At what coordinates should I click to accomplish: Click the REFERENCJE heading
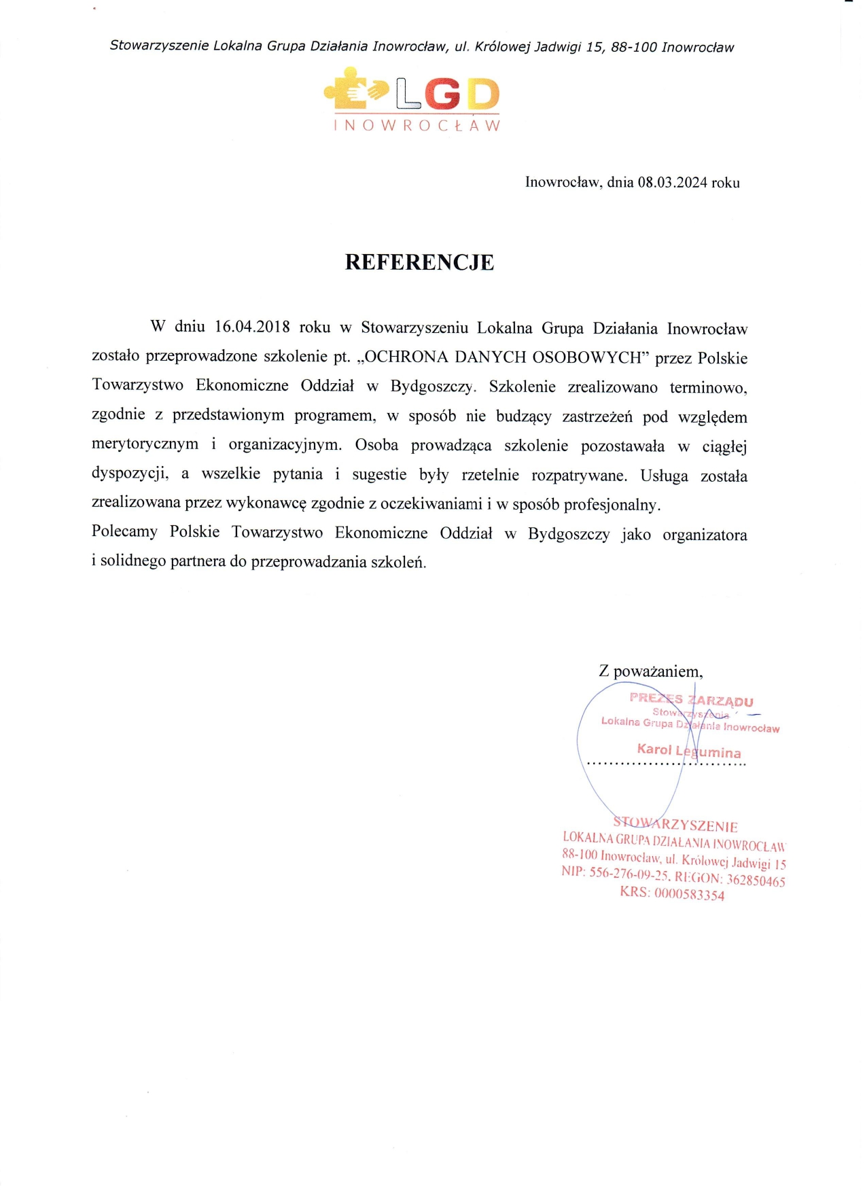tap(419, 262)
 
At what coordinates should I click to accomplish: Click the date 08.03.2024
tap(672, 182)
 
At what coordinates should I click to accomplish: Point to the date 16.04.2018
tap(252, 327)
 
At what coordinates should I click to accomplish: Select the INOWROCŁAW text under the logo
tap(417, 126)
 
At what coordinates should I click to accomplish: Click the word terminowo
tap(708, 387)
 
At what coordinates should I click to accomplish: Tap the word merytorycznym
tap(145, 444)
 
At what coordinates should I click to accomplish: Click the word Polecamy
tap(124, 532)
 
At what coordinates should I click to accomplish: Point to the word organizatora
tap(705, 535)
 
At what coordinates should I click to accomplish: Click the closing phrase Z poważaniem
tap(650, 671)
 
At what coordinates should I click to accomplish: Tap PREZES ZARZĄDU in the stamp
tap(691, 700)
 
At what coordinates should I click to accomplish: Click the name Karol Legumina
tap(689, 751)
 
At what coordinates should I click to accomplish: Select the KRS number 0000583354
tap(689, 894)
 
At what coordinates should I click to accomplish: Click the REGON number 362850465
tap(756, 881)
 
